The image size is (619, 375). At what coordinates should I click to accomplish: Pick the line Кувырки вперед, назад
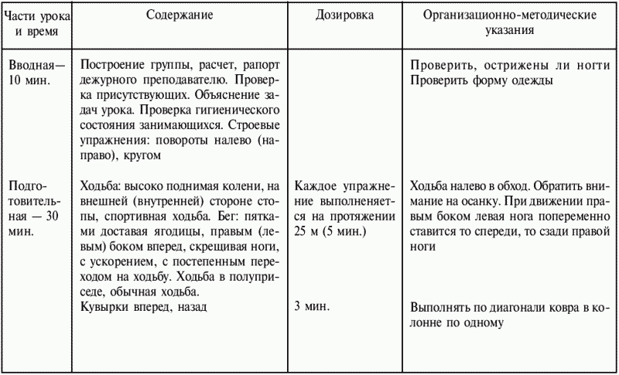[145, 307]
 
